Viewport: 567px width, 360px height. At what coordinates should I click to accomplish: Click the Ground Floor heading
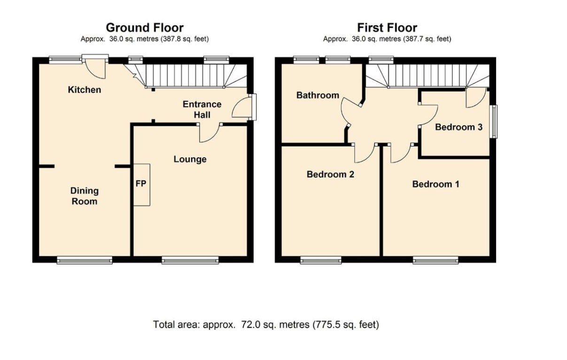click(x=145, y=28)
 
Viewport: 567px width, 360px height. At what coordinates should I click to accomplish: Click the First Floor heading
click(x=387, y=28)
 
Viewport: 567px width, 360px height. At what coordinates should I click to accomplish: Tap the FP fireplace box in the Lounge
click(x=142, y=185)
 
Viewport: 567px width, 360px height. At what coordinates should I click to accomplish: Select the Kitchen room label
click(x=84, y=90)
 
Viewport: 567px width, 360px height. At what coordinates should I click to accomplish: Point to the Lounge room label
click(x=190, y=159)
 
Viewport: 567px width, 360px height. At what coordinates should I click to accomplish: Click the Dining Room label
click(x=84, y=196)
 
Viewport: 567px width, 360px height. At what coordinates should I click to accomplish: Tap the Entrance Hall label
click(x=202, y=110)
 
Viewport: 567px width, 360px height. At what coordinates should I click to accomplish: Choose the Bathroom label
click(x=318, y=95)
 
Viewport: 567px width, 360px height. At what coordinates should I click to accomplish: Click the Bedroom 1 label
click(x=435, y=184)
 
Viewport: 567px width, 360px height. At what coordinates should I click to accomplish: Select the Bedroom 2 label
click(x=330, y=174)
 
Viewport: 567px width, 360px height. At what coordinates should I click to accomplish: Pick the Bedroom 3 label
click(x=458, y=127)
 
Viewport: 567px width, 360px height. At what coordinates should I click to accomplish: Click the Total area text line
click(x=266, y=325)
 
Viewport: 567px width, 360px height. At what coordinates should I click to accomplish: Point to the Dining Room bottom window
click(x=85, y=260)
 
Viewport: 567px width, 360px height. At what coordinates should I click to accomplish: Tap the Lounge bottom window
click(x=190, y=260)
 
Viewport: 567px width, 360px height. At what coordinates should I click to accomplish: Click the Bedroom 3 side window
click(x=493, y=122)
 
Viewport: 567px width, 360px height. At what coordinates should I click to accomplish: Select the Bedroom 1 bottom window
click(x=435, y=260)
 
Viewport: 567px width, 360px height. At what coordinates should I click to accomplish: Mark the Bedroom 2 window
click(x=321, y=260)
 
